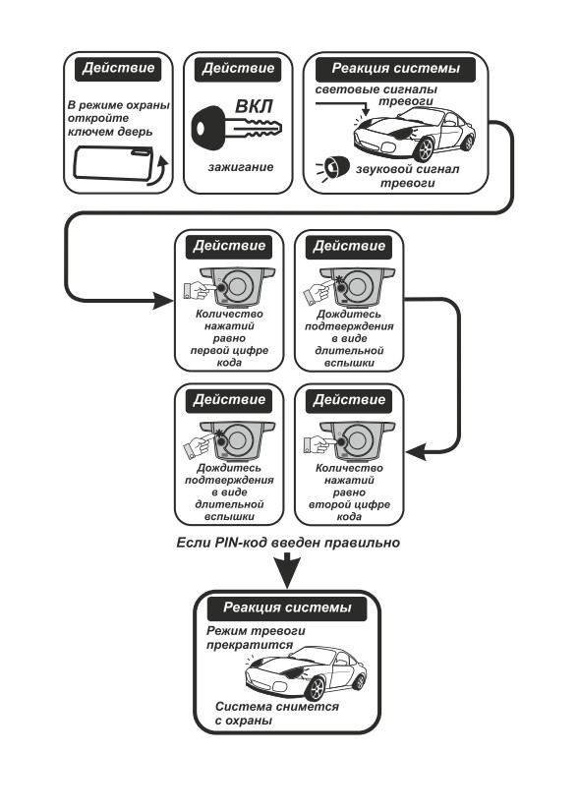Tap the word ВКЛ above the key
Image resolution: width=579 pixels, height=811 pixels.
pos(254,106)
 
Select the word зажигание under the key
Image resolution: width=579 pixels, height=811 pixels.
pos(241,167)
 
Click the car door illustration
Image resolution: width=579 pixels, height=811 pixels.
pos(114,162)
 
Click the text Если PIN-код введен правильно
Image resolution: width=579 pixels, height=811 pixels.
pos(288,543)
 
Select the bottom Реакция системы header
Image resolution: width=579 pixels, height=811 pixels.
pos(287,608)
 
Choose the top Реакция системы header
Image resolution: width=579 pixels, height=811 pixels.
pos(396,68)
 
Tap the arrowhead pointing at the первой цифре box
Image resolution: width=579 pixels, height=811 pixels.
pos(163,300)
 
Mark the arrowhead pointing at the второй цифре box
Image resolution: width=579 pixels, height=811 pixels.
pos(416,452)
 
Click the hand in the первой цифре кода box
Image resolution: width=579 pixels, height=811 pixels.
pos(199,290)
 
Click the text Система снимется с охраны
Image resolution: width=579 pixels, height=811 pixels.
pos(277,714)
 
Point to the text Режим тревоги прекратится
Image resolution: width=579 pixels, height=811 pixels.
pos(256,638)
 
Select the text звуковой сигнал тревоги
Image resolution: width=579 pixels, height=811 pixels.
pos(407,176)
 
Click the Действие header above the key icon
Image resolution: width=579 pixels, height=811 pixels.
pos(238,69)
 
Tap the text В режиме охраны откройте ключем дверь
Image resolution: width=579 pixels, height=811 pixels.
pos(119,118)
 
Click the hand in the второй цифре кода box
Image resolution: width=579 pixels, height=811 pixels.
pos(318,443)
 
